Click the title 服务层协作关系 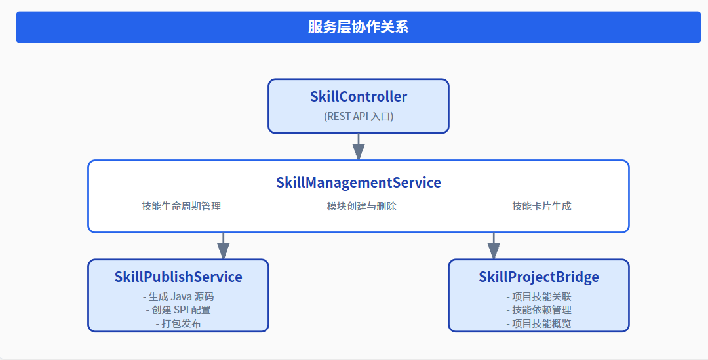point(359,27)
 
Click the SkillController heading point(359,97)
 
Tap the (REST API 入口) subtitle point(359,116)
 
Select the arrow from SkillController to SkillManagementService point(359,147)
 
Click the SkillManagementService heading point(359,182)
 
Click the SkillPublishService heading point(178,277)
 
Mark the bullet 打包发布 point(178,323)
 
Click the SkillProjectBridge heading point(539,277)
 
